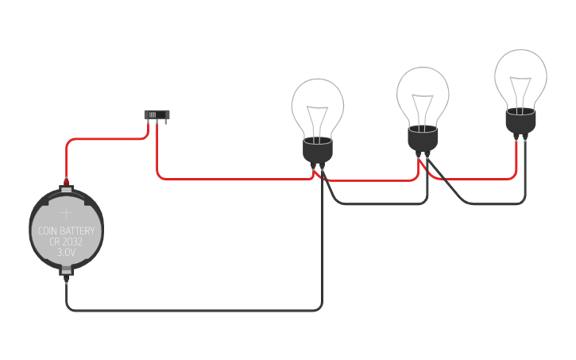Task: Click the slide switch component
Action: [x=157, y=115]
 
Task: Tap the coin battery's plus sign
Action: [x=67, y=213]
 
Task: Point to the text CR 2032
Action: [x=67, y=242]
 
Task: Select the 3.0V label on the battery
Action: [x=67, y=252]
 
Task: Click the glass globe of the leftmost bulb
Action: [x=317, y=103]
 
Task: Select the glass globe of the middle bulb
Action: [x=423, y=91]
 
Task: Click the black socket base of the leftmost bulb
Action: [x=318, y=151]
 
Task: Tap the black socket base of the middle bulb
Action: [x=423, y=139]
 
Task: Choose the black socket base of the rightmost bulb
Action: [x=520, y=122]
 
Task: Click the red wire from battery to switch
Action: [x=103, y=140]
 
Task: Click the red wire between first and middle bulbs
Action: [x=369, y=180]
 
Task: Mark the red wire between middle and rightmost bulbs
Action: [x=477, y=179]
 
